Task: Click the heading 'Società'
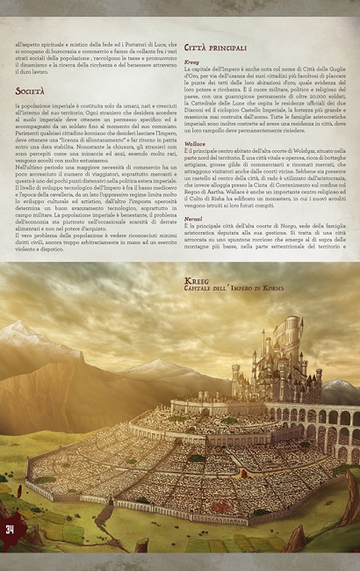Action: pyautogui.click(x=32, y=90)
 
